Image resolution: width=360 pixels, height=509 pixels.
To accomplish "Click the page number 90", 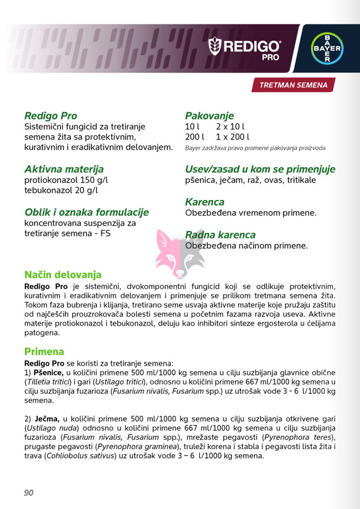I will click(29, 492).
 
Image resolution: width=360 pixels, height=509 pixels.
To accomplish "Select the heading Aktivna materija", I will click(64, 169).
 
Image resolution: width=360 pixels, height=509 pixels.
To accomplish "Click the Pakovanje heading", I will click(209, 116).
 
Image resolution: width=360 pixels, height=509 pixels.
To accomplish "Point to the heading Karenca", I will click(204, 202).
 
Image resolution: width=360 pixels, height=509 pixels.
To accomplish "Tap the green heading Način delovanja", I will click(63, 275).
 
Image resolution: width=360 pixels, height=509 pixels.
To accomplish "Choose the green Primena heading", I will click(44, 352).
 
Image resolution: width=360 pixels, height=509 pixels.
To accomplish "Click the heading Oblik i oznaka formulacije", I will click(86, 212).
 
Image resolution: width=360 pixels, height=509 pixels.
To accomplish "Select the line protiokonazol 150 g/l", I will click(66, 181).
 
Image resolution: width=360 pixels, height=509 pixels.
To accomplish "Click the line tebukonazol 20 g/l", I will click(61, 191).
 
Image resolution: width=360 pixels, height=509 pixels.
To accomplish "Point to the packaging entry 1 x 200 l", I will click(233, 137).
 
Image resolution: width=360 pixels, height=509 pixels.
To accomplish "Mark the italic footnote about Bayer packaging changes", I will click(255, 148).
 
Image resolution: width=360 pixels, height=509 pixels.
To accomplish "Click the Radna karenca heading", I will click(220, 235).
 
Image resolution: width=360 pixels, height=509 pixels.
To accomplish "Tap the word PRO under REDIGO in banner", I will click(271, 56).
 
